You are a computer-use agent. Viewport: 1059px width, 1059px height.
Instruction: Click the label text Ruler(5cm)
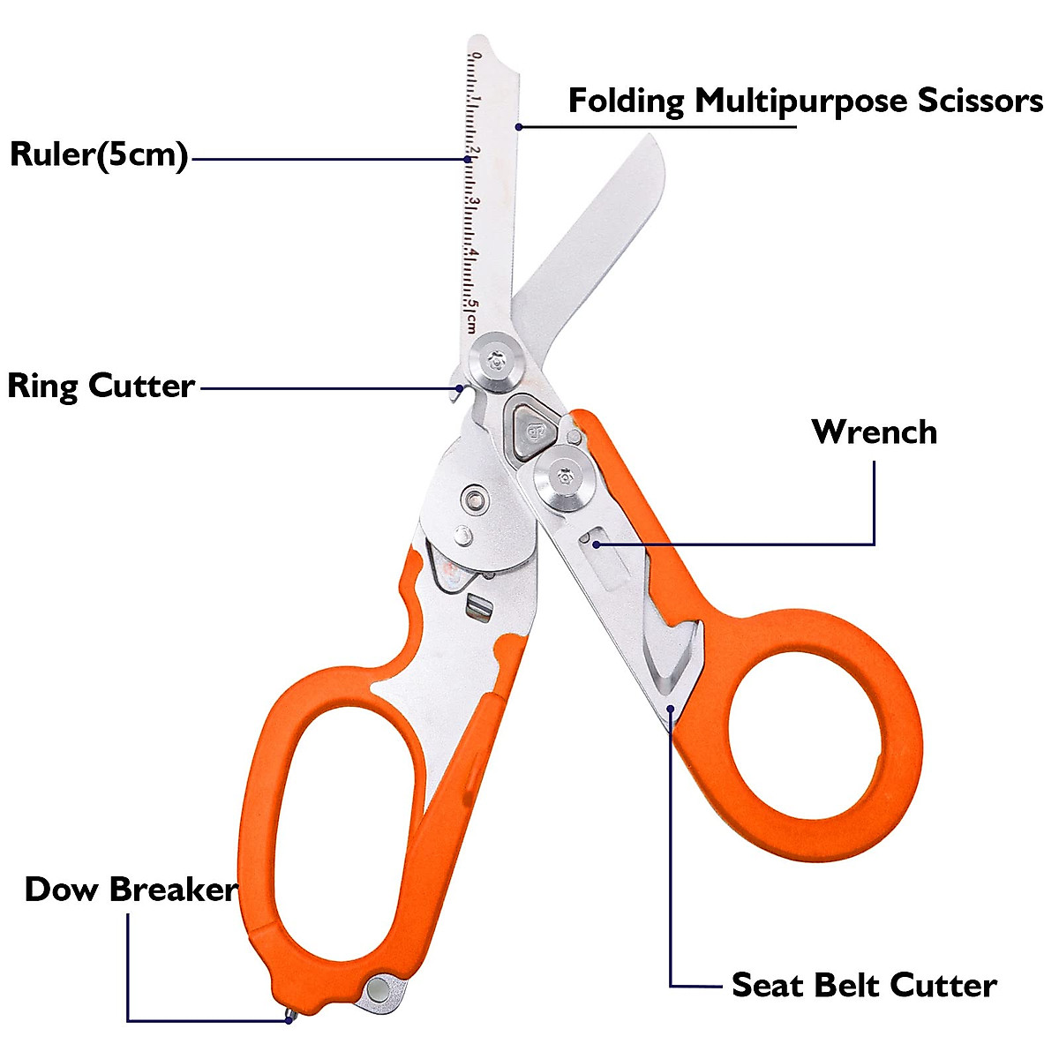click(x=99, y=155)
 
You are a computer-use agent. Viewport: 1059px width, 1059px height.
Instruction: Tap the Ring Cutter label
click(x=101, y=387)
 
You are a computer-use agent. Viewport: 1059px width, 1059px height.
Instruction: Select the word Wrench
click(x=875, y=432)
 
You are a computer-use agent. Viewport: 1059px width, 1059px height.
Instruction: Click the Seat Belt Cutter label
click(x=864, y=985)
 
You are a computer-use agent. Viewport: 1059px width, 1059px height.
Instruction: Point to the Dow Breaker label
click(x=131, y=890)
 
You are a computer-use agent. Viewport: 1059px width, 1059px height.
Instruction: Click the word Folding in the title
click(x=626, y=101)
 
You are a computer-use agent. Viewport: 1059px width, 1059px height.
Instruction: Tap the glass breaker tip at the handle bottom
click(x=289, y=1017)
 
